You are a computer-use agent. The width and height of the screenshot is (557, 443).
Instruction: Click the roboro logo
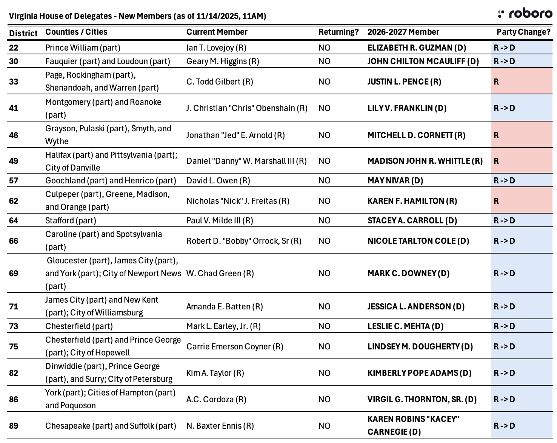click(x=525, y=14)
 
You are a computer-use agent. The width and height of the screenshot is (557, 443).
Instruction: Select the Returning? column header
click(x=339, y=32)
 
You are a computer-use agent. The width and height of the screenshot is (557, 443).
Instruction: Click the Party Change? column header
click(x=523, y=32)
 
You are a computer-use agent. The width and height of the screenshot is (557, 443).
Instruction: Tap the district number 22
click(x=14, y=48)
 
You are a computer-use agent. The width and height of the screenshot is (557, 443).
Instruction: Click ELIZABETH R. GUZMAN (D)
click(x=417, y=48)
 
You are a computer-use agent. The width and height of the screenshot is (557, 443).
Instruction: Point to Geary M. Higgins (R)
click(x=223, y=62)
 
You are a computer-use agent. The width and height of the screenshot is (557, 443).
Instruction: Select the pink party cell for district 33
click(x=522, y=82)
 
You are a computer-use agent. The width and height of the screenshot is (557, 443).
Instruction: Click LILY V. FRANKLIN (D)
click(x=407, y=108)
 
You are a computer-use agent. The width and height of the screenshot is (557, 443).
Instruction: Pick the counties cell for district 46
click(x=108, y=135)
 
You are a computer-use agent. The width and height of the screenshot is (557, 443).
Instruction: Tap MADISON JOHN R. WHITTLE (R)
click(x=425, y=161)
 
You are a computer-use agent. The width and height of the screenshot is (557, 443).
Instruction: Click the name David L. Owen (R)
click(x=218, y=181)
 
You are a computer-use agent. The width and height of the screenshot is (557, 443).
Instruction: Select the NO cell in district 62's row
click(x=324, y=201)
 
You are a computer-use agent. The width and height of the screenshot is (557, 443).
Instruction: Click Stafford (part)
click(x=71, y=221)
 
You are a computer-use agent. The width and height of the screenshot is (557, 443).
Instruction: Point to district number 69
click(x=14, y=274)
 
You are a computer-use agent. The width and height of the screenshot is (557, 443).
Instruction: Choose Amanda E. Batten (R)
click(x=225, y=307)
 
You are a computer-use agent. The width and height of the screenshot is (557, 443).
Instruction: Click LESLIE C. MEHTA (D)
click(x=405, y=326)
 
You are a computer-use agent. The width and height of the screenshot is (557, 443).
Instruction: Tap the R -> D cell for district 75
click(x=522, y=347)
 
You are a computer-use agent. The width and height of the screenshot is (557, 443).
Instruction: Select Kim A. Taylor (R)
click(x=215, y=373)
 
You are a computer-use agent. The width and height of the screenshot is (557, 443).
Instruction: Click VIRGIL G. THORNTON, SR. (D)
click(x=422, y=400)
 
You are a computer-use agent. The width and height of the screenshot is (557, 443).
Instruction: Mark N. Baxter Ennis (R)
click(x=220, y=426)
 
